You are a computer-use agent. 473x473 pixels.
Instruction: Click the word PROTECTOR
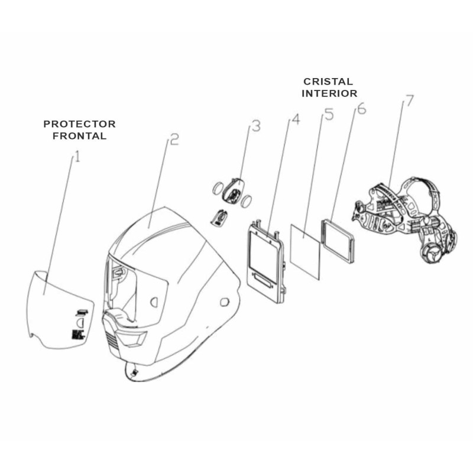coord(80,124)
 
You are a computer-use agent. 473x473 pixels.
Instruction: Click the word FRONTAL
coord(80,135)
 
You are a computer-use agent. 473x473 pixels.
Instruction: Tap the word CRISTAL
coord(328,82)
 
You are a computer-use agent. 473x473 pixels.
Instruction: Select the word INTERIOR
coord(329,93)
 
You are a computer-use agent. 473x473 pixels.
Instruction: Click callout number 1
coord(76,158)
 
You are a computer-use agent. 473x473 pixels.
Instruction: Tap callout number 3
coord(255,127)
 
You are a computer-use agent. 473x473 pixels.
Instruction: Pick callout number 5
coord(329,114)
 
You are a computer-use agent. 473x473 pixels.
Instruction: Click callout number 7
coord(407,102)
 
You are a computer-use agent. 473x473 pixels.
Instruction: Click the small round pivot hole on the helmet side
coord(225,303)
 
